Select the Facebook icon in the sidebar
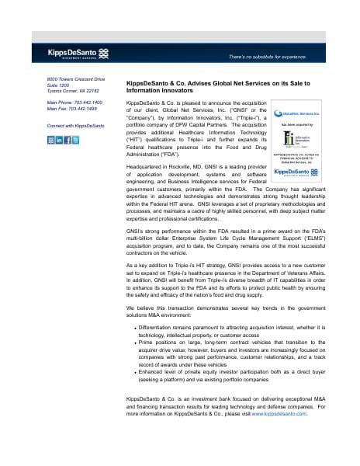[x=67, y=140]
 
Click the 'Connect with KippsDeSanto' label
[x=75, y=125]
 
